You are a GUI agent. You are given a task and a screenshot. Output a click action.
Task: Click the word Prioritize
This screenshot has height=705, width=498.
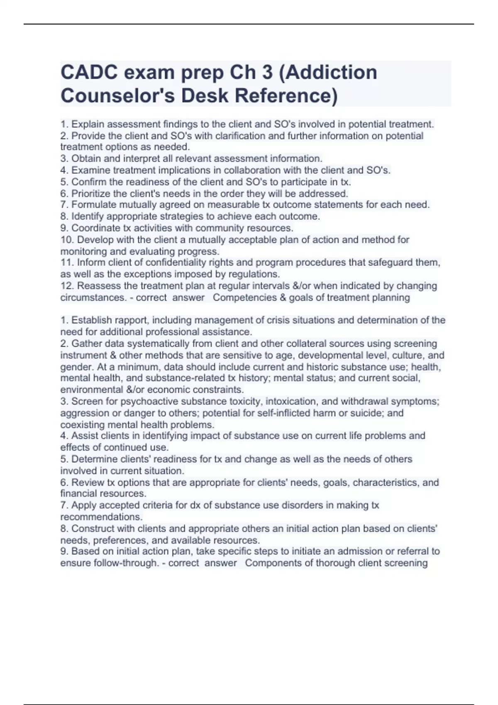coord(91,193)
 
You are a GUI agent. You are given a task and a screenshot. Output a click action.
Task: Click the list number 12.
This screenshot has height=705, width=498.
coord(66,286)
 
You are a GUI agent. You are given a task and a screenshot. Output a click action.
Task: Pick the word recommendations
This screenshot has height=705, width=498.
coord(101,517)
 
